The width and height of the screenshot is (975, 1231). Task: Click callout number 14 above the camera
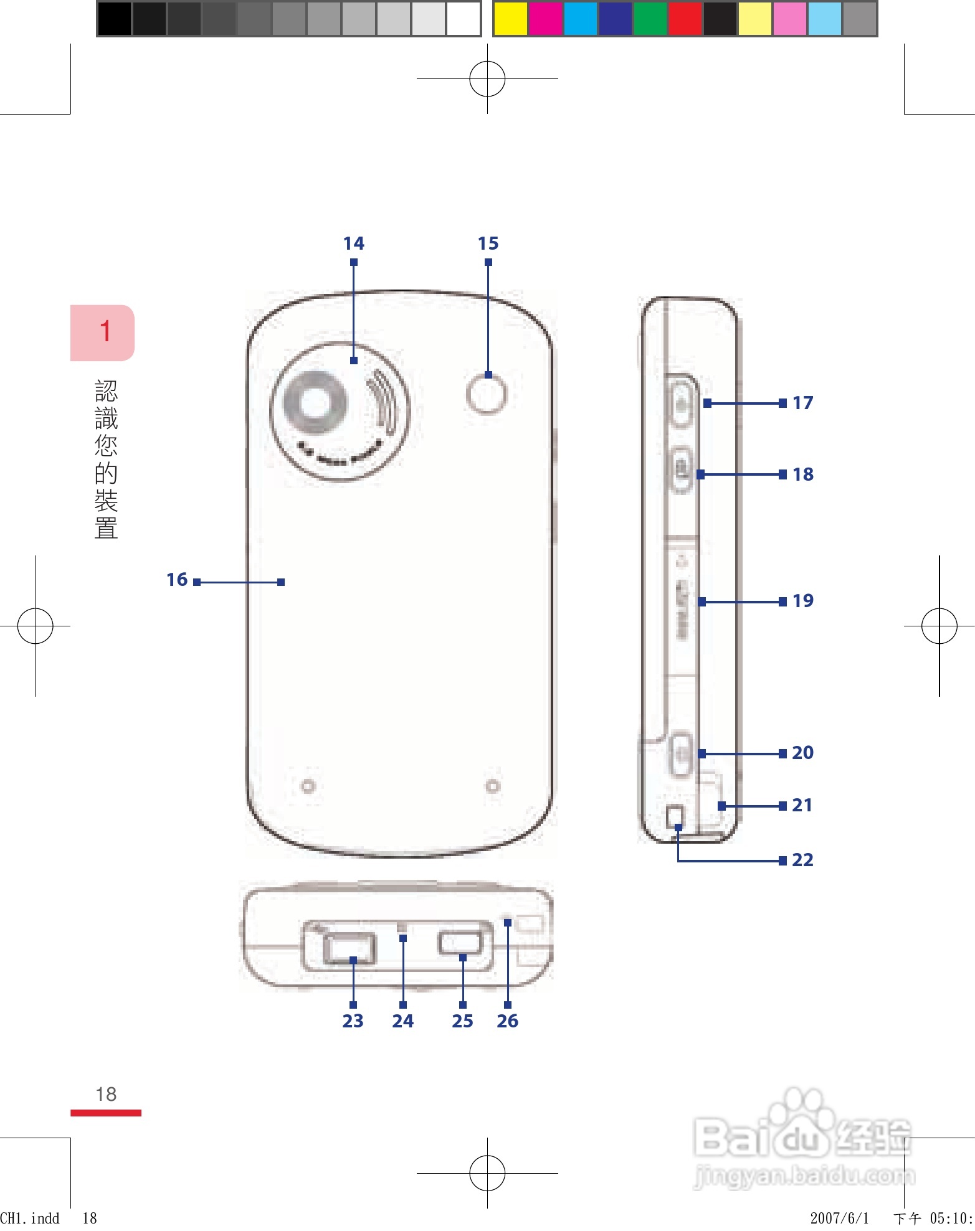(353, 243)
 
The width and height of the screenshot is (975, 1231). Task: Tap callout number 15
(488, 243)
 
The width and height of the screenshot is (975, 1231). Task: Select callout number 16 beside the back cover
(177, 580)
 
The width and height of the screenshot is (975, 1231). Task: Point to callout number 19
(802, 601)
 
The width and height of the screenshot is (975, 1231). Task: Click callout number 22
(802, 860)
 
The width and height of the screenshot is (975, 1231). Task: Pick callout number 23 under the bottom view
(353, 1021)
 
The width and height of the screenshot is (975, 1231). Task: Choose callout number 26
(507, 1021)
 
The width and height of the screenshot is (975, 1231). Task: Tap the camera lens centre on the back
(315, 402)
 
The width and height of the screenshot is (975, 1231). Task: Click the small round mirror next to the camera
(487, 394)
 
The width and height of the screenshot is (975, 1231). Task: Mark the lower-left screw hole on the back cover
(308, 786)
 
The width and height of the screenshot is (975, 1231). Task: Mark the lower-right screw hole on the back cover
(492, 786)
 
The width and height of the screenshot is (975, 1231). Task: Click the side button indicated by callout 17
(682, 403)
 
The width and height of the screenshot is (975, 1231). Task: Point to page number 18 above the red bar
(106, 1094)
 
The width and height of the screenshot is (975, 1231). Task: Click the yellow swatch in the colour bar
(510, 19)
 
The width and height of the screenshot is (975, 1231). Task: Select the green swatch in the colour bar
(650, 19)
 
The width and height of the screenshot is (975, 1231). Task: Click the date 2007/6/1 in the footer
(839, 1218)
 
